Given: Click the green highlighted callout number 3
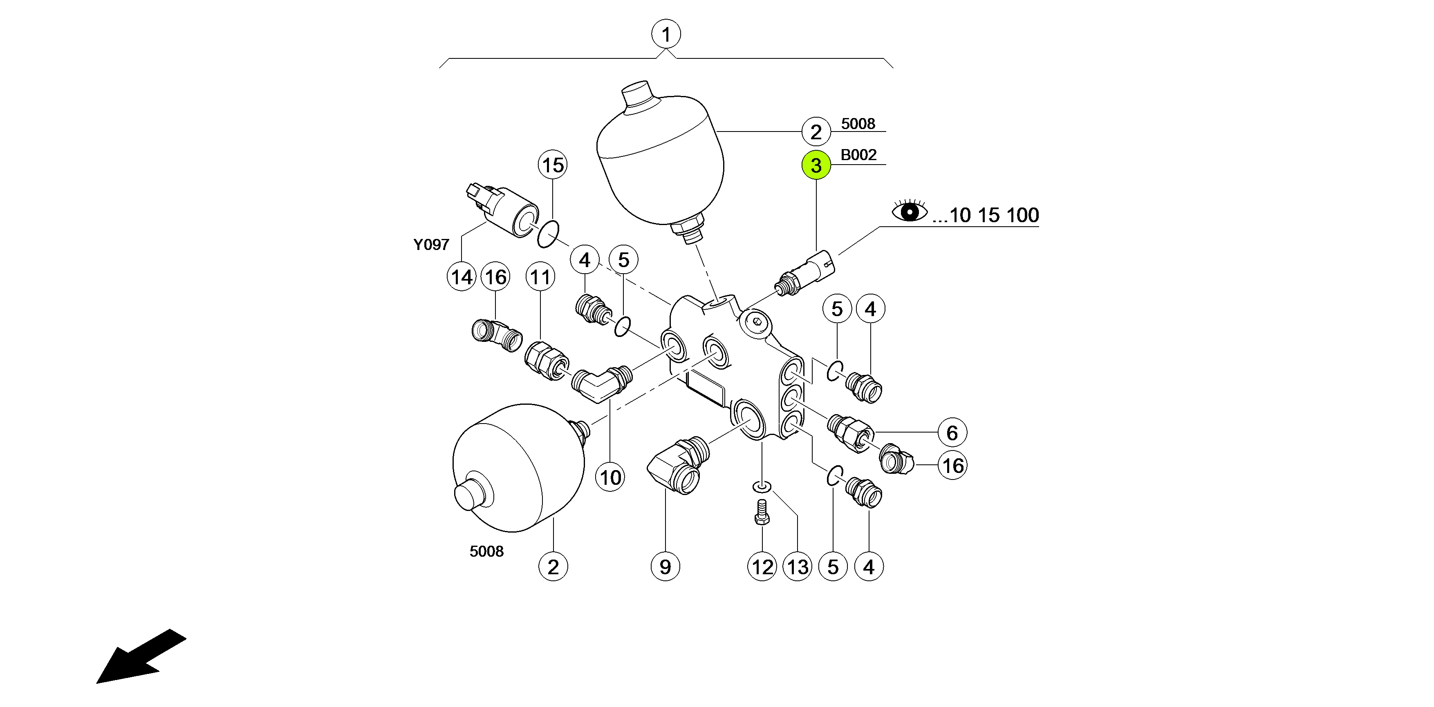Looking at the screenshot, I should [x=816, y=165].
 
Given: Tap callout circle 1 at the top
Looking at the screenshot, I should [x=666, y=34].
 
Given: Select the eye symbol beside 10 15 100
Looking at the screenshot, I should [x=910, y=212].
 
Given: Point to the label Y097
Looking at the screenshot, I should [x=431, y=245].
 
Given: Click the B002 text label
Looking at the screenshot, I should [x=858, y=155].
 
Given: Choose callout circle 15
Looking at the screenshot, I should [x=552, y=165].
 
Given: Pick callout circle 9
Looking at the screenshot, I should [x=665, y=567].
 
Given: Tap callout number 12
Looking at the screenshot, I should [x=762, y=567].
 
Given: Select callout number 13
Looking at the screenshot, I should [x=798, y=567].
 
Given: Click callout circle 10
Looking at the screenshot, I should [x=610, y=477].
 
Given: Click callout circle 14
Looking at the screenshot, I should [x=462, y=277].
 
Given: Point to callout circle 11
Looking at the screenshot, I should [x=540, y=277].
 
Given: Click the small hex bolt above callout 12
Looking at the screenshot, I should [x=762, y=512].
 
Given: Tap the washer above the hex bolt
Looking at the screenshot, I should [x=762, y=487].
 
